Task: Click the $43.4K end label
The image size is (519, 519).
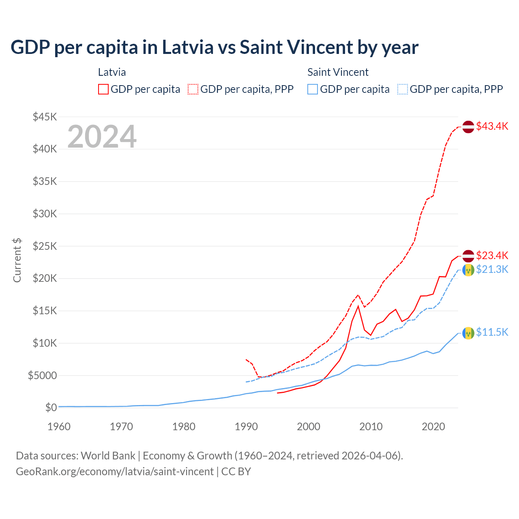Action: pos(492,126)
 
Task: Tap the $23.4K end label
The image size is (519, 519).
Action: pos(492,255)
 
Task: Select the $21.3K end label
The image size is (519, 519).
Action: pos(492,269)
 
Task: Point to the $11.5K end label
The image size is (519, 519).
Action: pos(492,332)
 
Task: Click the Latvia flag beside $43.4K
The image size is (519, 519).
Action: pos(468,127)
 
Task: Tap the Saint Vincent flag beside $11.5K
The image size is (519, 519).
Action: pos(468,333)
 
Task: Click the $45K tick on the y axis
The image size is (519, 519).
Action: pos(45,117)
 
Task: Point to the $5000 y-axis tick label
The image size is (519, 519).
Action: pos(42,375)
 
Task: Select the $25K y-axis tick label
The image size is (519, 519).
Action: pos(45,246)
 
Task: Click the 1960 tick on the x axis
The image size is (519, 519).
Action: pos(59,427)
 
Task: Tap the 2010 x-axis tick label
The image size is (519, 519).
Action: pos(371,427)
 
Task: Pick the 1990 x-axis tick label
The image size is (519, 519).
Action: pos(246,427)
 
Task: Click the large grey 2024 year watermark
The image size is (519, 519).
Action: pos(102,137)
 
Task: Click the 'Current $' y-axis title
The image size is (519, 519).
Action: pos(17,260)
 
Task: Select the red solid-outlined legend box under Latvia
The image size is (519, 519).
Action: pos(103,89)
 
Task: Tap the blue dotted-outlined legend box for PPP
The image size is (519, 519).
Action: pos(403,89)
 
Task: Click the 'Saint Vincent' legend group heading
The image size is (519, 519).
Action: pos(338,72)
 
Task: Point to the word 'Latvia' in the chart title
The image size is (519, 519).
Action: pos(188,47)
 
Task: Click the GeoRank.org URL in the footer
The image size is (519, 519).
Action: pos(115,472)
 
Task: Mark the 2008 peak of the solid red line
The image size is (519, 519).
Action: pos(358,306)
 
